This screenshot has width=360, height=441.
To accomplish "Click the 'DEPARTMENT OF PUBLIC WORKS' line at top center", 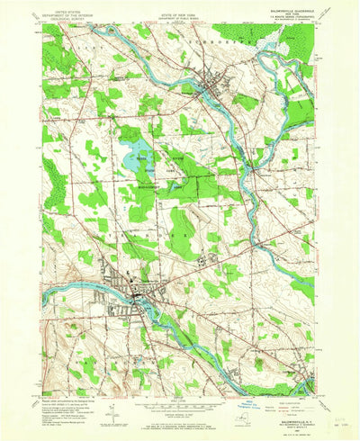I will pyautogui.click(x=180, y=18).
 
